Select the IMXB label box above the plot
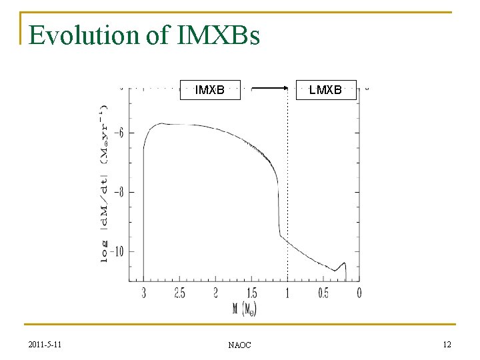[x=209, y=89]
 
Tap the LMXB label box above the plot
[x=325, y=89]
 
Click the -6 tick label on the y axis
[x=119, y=133]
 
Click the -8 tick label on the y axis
[x=119, y=193]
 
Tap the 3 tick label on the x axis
[x=143, y=293]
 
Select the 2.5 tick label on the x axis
[x=179, y=293]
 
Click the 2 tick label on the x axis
[x=215, y=293]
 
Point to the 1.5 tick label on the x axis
[x=251, y=293]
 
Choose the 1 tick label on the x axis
[x=287, y=293]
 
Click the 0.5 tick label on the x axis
[x=323, y=293]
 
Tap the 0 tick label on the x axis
[x=359, y=293]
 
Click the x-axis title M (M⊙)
[x=244, y=309]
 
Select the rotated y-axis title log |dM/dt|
[x=105, y=183]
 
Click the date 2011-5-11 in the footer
[x=46, y=344]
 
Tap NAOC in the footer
[x=239, y=345]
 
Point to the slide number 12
[x=447, y=344]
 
